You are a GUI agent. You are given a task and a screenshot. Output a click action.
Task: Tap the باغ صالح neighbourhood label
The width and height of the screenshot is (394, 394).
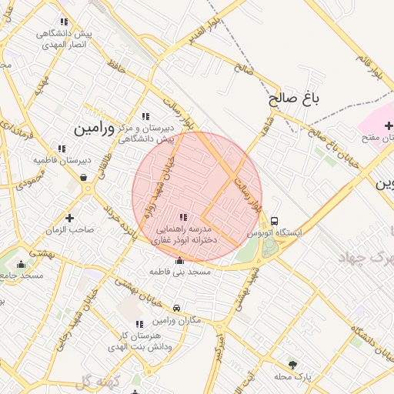pyautogui.click(x=294, y=99)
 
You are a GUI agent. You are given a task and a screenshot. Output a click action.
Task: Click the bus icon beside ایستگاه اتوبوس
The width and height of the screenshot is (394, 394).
pyautogui.click(x=275, y=220)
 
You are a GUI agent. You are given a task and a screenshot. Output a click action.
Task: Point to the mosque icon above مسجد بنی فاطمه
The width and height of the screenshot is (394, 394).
pyautogui.click(x=180, y=260)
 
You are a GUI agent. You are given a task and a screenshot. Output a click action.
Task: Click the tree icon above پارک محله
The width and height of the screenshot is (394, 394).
pyautogui.click(x=292, y=365)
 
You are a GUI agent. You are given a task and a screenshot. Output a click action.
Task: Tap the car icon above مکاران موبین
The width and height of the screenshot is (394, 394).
pyautogui.click(x=177, y=309)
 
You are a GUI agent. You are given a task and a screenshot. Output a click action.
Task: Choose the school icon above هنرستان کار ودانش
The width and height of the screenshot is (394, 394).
pyautogui.click(x=139, y=325)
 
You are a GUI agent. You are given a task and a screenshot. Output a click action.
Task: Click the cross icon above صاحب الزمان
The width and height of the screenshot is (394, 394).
pyautogui.click(x=70, y=218)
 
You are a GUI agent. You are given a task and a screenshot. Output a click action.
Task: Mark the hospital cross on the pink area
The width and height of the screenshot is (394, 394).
pyautogui.click(x=389, y=125)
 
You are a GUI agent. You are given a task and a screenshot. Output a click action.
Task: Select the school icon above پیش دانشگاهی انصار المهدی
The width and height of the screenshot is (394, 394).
pyautogui.click(x=64, y=22)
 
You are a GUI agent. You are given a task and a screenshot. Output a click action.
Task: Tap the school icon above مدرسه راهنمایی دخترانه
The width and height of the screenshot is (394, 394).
pyautogui.click(x=183, y=218)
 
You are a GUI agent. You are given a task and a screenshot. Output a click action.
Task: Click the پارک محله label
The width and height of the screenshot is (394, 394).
pyautogui.click(x=292, y=377)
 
